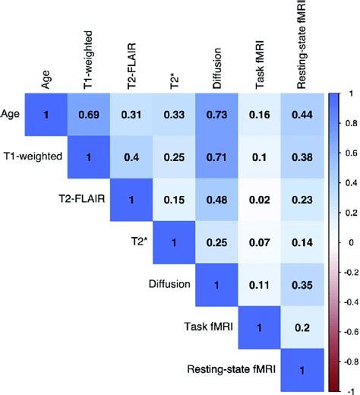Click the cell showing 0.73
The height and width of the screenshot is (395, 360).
tap(217, 114)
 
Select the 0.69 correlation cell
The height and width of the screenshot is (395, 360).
tap(90, 114)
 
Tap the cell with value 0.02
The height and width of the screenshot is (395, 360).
tap(260, 200)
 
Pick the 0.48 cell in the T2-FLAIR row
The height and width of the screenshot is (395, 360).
tap(217, 200)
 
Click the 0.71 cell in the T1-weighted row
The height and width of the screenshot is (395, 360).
tap(217, 156)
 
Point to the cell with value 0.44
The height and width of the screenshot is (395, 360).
tap(302, 114)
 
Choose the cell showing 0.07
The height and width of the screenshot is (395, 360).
tap(260, 242)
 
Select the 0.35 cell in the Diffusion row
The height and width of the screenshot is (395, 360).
tap(302, 285)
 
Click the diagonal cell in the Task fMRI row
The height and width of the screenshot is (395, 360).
tap(260, 327)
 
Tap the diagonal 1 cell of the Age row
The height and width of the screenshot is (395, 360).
tap(47, 114)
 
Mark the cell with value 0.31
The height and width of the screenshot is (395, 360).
tap(132, 114)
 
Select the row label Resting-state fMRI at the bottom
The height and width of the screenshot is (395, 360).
tap(232, 370)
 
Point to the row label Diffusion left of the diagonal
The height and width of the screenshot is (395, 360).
tap(171, 285)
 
